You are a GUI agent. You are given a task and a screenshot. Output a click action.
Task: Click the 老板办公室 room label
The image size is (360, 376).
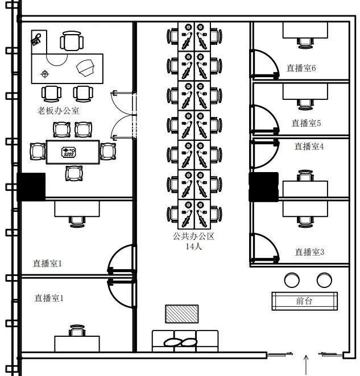[59, 111]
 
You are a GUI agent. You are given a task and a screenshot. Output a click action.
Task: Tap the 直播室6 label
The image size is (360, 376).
[301, 68]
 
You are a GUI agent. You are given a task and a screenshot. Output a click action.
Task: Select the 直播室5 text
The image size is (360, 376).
[307, 123]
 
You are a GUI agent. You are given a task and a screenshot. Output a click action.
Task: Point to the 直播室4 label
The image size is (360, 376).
[309, 147]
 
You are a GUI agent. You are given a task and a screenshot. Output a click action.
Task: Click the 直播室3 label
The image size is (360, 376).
[309, 252]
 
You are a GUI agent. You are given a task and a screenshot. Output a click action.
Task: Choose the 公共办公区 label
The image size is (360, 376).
[194, 236]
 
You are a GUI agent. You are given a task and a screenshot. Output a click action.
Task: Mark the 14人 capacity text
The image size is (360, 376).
[194, 247]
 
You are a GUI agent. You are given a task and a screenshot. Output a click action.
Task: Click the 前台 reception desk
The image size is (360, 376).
[304, 301]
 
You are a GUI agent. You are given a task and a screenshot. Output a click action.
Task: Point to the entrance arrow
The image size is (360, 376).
[307, 364]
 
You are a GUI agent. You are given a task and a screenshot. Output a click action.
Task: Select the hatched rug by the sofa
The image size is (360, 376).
[182, 314]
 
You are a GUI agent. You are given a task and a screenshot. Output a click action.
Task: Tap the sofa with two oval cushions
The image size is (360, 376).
[185, 341]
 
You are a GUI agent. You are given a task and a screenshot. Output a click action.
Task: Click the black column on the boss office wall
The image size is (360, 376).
[31, 187]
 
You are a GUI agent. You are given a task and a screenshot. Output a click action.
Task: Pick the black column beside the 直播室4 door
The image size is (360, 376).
[263, 187]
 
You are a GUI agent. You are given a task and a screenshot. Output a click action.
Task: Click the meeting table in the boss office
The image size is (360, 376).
[73, 152]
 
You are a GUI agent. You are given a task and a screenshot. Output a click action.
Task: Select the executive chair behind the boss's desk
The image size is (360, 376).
[71, 41]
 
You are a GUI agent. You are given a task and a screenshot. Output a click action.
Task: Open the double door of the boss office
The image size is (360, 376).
[122, 115]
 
